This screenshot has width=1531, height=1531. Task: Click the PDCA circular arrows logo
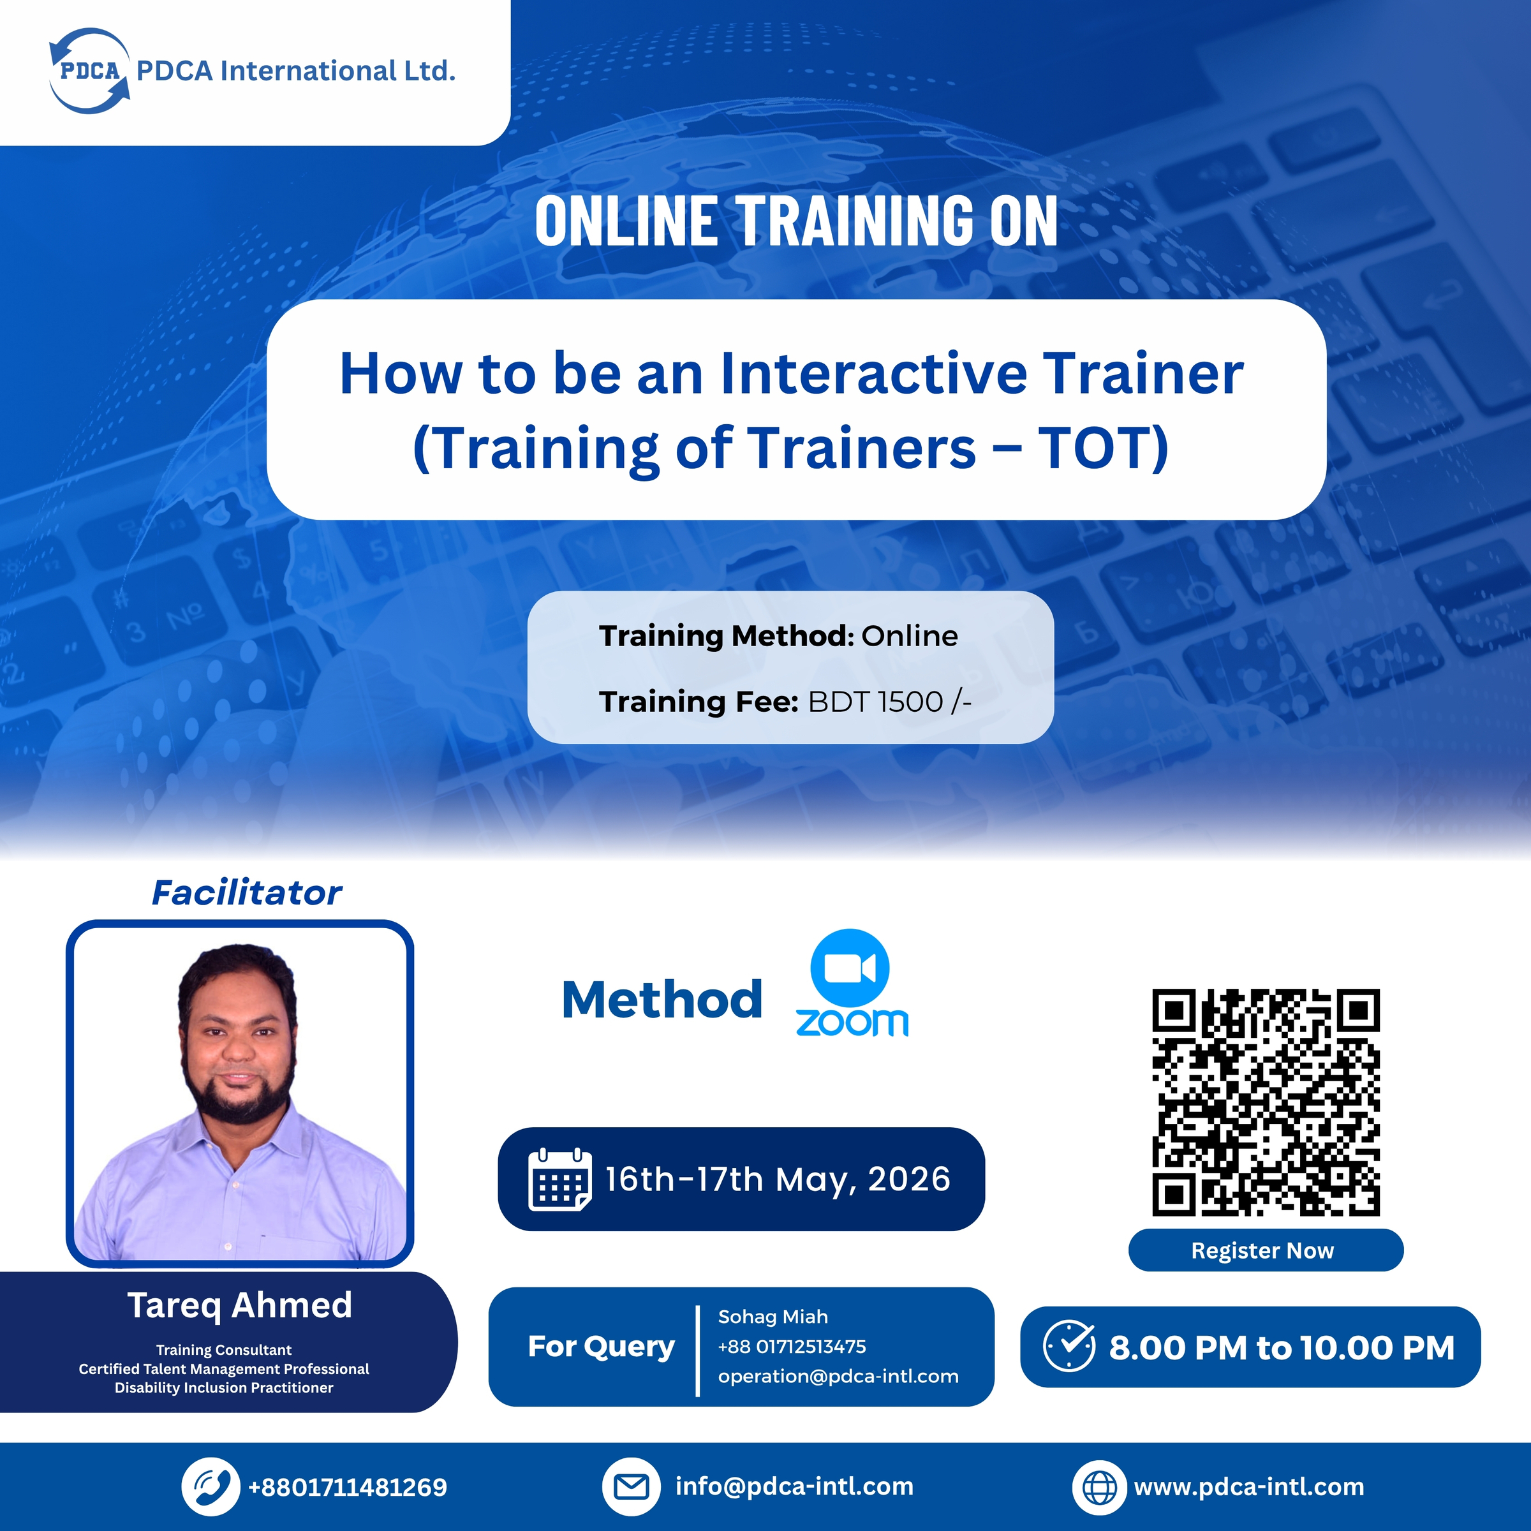tap(89, 71)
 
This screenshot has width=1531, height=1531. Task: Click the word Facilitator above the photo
tap(246, 893)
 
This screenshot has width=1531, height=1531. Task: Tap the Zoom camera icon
tap(850, 968)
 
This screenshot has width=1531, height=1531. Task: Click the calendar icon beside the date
tap(559, 1179)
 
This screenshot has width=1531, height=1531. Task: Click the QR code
tap(1266, 1102)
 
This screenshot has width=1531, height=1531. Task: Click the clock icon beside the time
tap(1069, 1347)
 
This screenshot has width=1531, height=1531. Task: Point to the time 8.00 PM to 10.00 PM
tap(1282, 1348)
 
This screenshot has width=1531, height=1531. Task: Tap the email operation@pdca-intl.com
tap(838, 1377)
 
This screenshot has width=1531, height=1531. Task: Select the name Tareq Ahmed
tap(239, 1305)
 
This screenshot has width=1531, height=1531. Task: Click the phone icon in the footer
tap(210, 1486)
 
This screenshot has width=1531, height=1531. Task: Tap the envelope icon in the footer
tap(632, 1486)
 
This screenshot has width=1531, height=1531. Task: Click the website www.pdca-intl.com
tap(1249, 1486)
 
